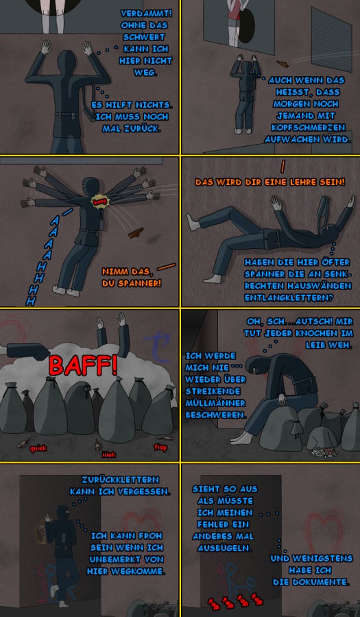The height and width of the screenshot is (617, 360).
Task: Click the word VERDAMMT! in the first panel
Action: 146,14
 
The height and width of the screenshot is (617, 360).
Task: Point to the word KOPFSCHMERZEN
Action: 308,128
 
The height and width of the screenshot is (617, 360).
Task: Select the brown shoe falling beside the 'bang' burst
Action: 136,232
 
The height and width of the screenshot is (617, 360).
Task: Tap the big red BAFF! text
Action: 83,365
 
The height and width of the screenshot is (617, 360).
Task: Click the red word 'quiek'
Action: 38,448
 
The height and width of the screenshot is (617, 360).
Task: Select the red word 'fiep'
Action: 160,447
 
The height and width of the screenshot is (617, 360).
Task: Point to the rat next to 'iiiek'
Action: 97,445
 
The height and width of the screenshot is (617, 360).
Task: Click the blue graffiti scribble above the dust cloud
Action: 156,347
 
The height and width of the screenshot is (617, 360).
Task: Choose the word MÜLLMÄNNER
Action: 215,403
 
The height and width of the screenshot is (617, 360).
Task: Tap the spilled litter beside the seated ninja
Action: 324,452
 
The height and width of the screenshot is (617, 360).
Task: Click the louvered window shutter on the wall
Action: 331,38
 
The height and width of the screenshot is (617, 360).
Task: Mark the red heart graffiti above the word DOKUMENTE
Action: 325,527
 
